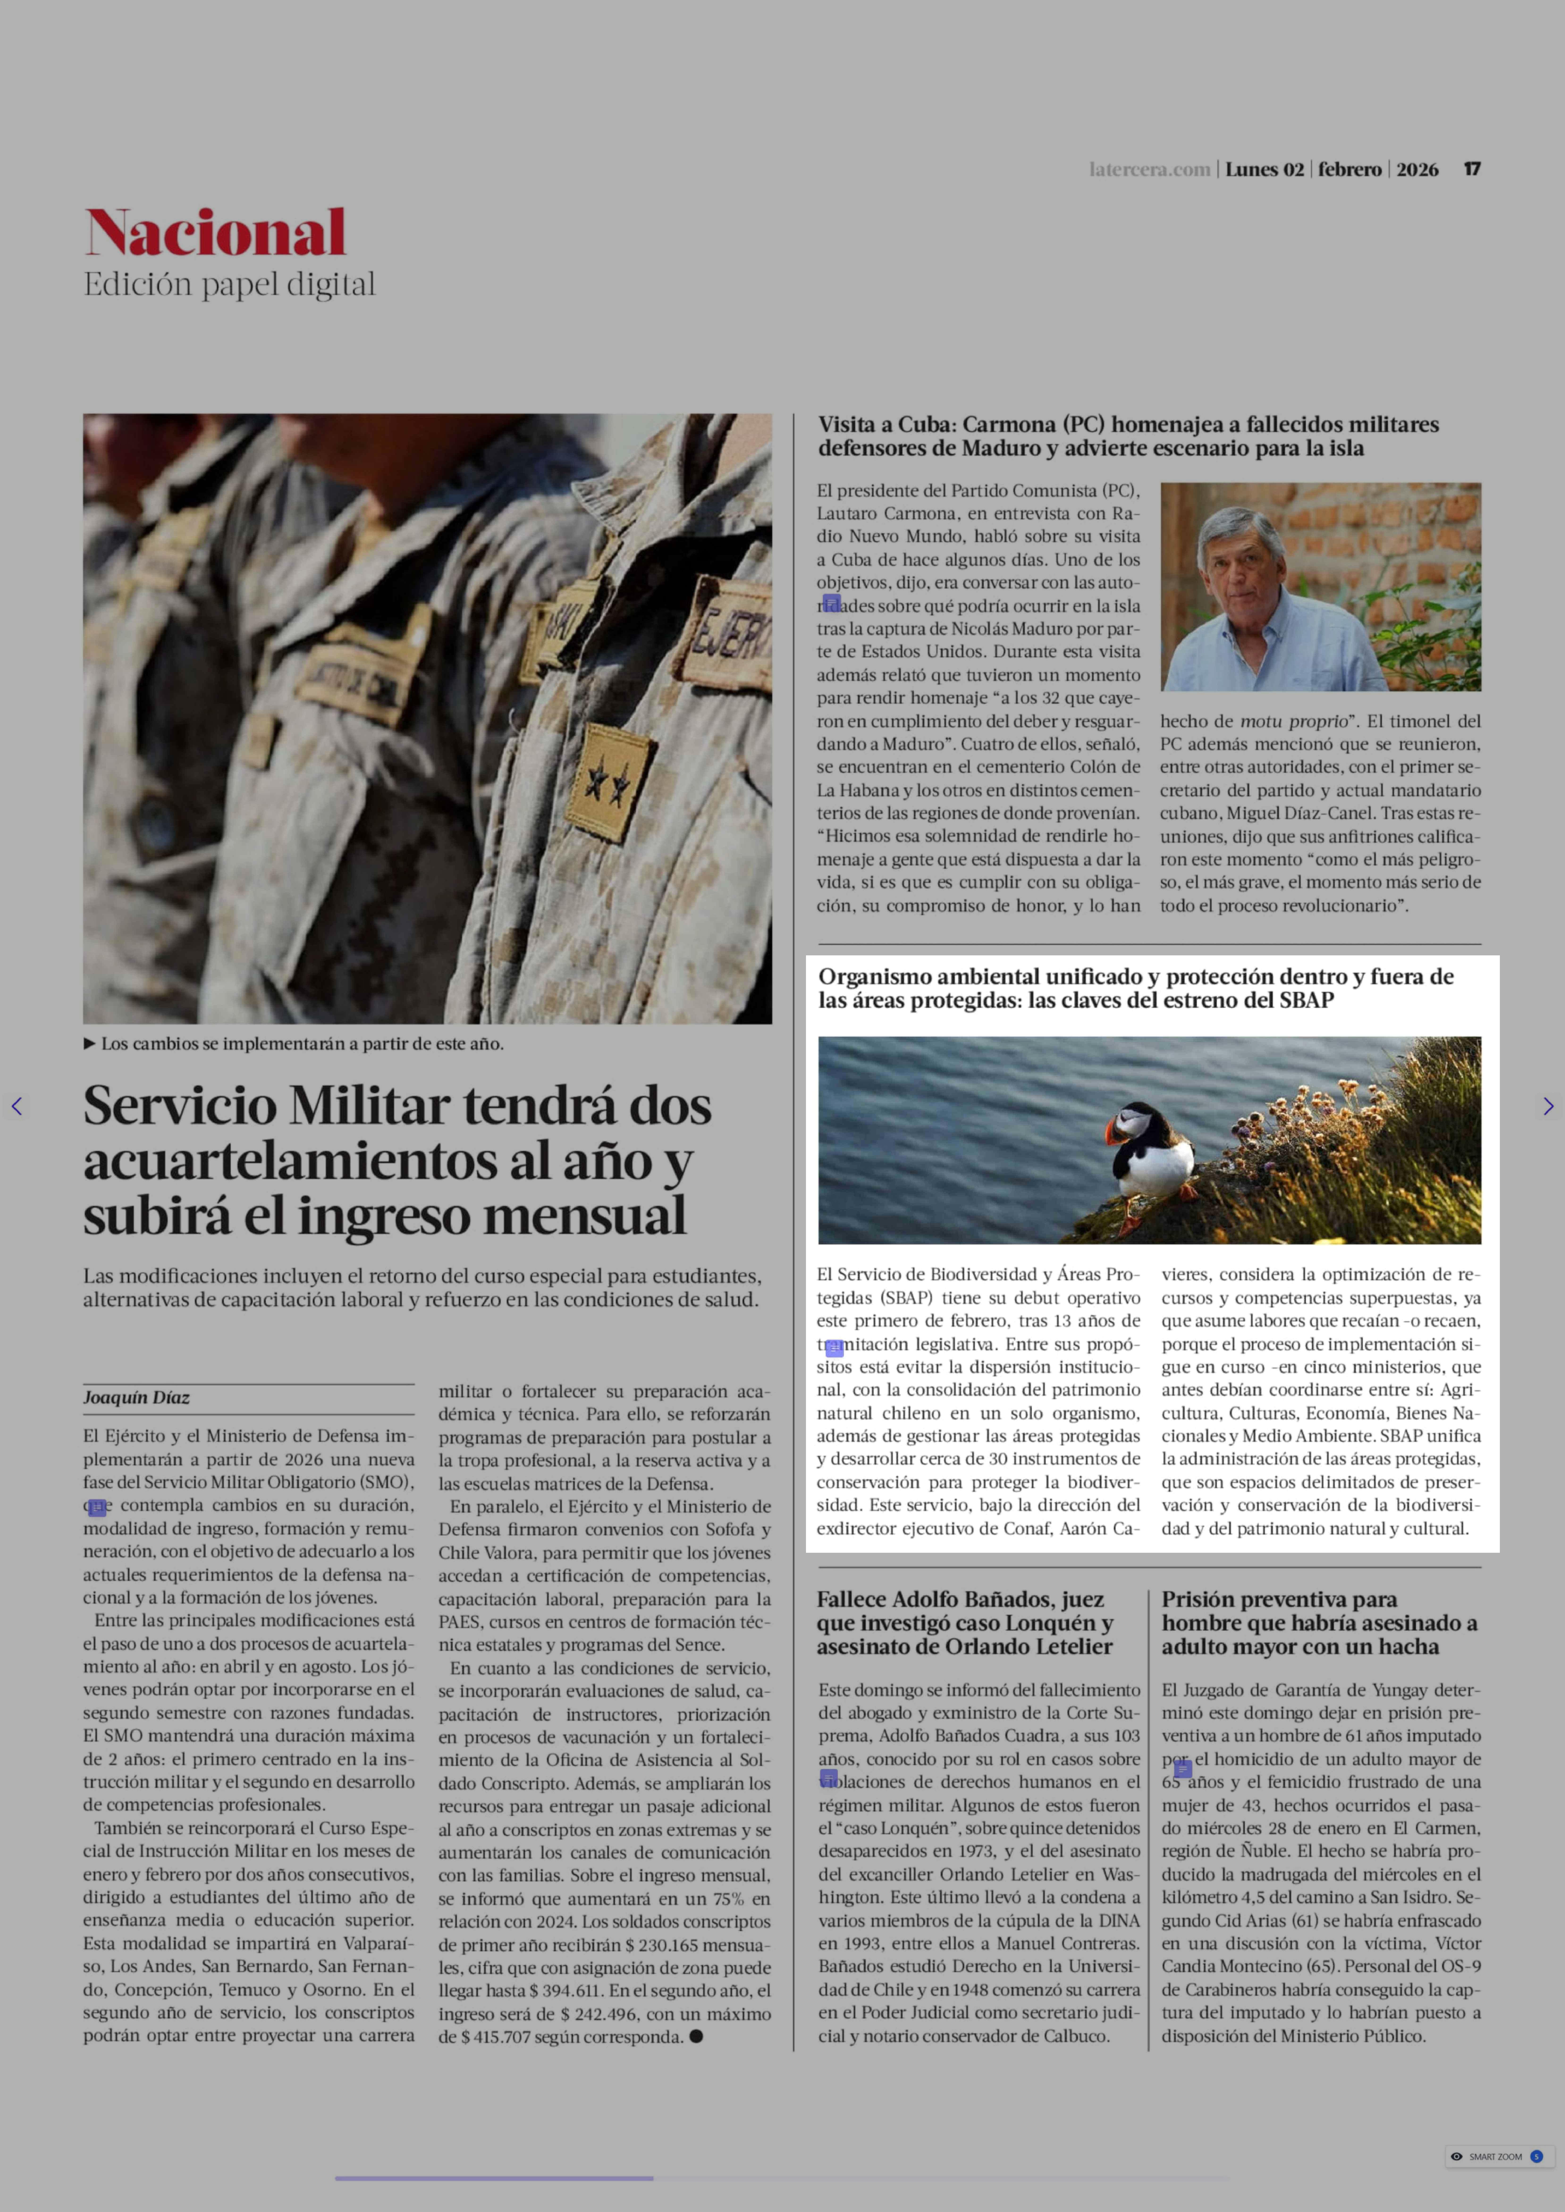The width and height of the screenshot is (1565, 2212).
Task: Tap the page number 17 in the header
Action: click(1472, 170)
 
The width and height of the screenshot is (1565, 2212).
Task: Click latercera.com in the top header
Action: click(1149, 170)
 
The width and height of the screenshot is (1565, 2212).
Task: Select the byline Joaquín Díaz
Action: click(136, 1398)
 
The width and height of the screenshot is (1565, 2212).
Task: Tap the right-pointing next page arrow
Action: click(1548, 1106)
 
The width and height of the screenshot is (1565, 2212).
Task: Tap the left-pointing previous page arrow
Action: click(16, 1106)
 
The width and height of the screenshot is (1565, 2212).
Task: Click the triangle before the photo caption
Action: click(90, 1043)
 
